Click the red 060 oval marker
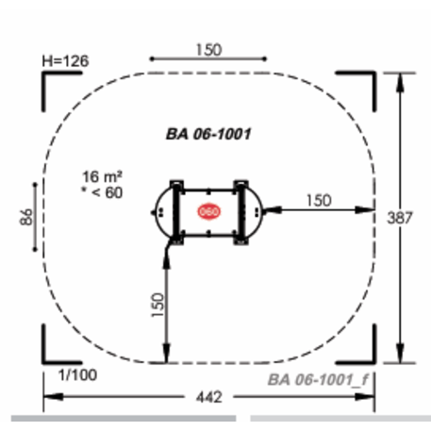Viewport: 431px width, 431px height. coord(208,211)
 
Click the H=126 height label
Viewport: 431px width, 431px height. coord(65,61)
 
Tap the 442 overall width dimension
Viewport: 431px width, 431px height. coord(209,397)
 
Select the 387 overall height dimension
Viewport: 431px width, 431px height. coord(400,218)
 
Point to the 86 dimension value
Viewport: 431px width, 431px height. coord(26,217)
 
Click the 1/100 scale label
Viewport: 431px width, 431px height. coord(77,375)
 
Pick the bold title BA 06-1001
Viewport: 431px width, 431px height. coord(208,134)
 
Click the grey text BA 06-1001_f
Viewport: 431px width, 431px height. coord(318,380)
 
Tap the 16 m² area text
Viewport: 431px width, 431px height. coord(102,176)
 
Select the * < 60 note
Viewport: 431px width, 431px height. coord(102,192)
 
